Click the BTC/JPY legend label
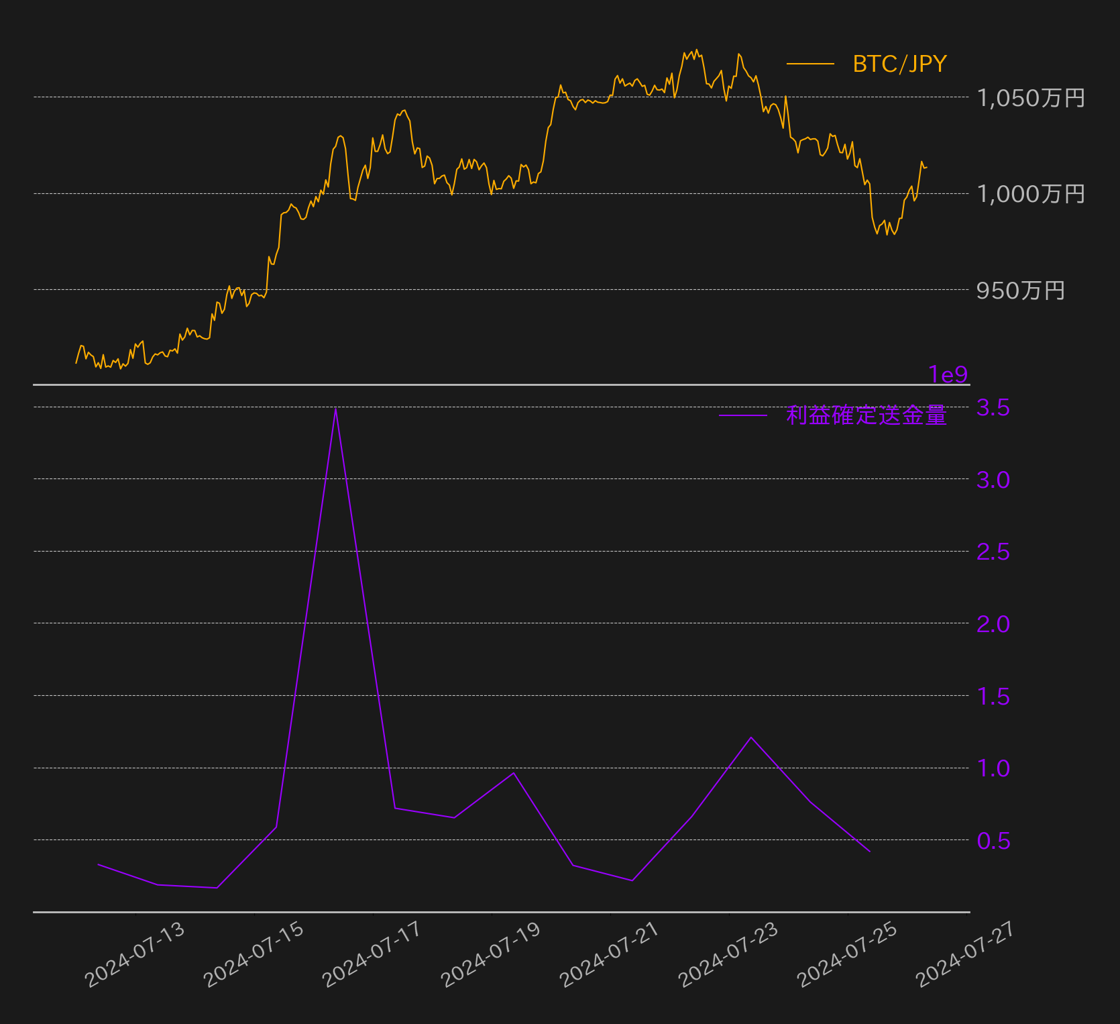(899, 64)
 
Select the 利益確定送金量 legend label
(866, 415)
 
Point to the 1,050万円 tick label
(1031, 98)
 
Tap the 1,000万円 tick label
(1031, 194)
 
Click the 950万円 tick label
(1021, 291)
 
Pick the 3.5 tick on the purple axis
(993, 407)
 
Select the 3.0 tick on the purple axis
(993, 480)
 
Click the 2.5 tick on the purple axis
(993, 552)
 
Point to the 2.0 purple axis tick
(993, 624)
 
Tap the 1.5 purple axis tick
(993, 697)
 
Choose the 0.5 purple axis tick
(993, 840)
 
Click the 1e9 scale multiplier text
(948, 374)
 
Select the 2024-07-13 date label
(135, 954)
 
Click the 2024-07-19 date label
(491, 954)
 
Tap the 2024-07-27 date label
(966, 954)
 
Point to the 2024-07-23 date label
(728, 954)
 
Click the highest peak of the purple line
(335, 409)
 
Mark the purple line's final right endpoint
(870, 852)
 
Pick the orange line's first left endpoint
(76, 363)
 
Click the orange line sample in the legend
(810, 64)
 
